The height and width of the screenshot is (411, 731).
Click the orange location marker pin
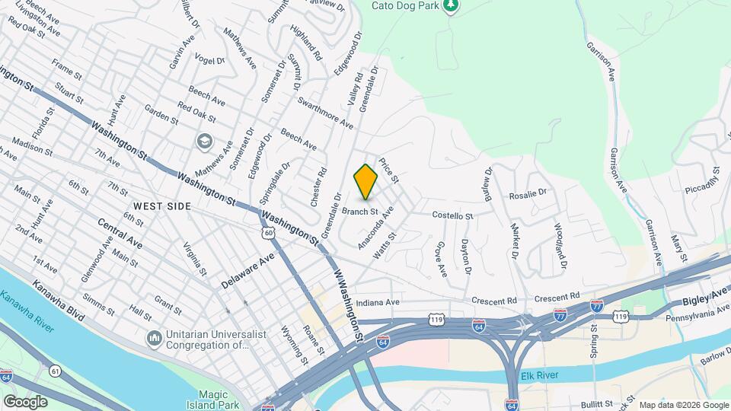(366, 182)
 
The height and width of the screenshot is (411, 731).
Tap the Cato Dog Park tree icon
(452, 6)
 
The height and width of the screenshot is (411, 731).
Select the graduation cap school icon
(204, 142)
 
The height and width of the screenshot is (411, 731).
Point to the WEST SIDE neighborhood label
(161, 206)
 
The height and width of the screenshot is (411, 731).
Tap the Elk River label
(540, 376)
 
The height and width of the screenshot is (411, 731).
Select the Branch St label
(360, 211)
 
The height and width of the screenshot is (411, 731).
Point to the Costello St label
(453, 216)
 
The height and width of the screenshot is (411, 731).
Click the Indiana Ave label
(378, 302)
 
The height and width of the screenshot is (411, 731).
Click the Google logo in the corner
(25, 401)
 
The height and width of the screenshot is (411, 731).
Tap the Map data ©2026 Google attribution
(684, 405)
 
